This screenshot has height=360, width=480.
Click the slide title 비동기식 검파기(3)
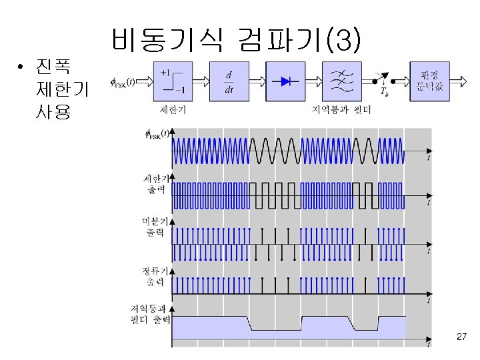(x=237, y=41)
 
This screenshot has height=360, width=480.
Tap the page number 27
(x=461, y=338)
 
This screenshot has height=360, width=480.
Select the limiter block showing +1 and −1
(x=173, y=81)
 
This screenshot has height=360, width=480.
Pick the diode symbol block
(x=287, y=81)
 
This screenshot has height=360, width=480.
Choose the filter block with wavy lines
(x=343, y=81)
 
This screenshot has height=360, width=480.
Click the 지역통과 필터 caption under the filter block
(x=343, y=109)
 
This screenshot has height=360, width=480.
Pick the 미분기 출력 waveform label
(x=158, y=227)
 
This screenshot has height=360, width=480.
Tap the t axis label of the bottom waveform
(x=429, y=345)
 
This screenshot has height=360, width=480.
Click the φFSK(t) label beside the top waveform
(x=157, y=134)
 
